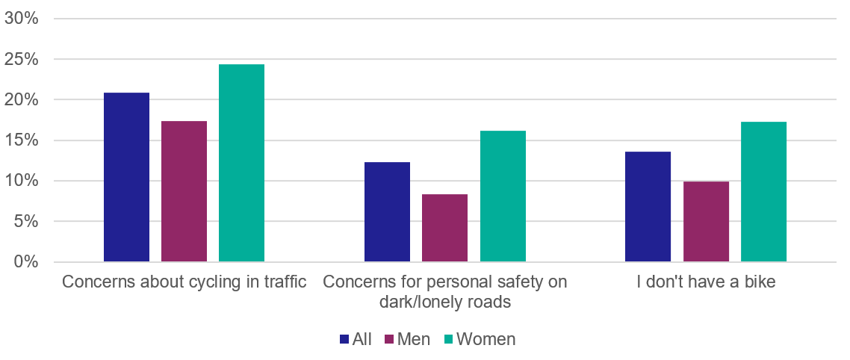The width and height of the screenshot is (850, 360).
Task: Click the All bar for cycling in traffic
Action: coord(126,177)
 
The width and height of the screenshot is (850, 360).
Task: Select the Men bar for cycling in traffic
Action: coord(184,191)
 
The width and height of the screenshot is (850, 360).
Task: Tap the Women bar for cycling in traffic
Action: coord(241,163)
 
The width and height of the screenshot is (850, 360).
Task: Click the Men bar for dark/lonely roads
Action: coord(444,228)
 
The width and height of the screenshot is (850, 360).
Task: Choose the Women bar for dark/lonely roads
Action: coord(503,196)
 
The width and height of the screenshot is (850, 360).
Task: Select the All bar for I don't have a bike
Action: coord(648,207)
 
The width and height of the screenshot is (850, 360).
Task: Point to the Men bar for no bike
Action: coord(706,222)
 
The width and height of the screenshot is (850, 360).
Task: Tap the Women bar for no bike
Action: coord(763,192)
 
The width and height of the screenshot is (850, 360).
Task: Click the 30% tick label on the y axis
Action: coord(22,19)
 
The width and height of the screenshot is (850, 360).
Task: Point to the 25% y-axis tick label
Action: coord(22,59)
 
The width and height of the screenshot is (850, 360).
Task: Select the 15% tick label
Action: coord(22,140)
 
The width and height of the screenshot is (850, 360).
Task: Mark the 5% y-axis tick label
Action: coord(26,221)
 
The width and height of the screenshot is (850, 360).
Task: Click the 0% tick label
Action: coord(26,262)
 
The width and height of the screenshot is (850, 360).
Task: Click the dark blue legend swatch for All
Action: coord(344,339)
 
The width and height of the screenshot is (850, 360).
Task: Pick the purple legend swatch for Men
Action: coord(388,339)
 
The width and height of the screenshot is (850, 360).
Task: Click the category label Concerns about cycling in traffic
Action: coord(184,282)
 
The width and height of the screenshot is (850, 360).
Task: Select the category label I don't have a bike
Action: coord(705,282)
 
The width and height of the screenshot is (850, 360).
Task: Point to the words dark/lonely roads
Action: coord(444,302)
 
